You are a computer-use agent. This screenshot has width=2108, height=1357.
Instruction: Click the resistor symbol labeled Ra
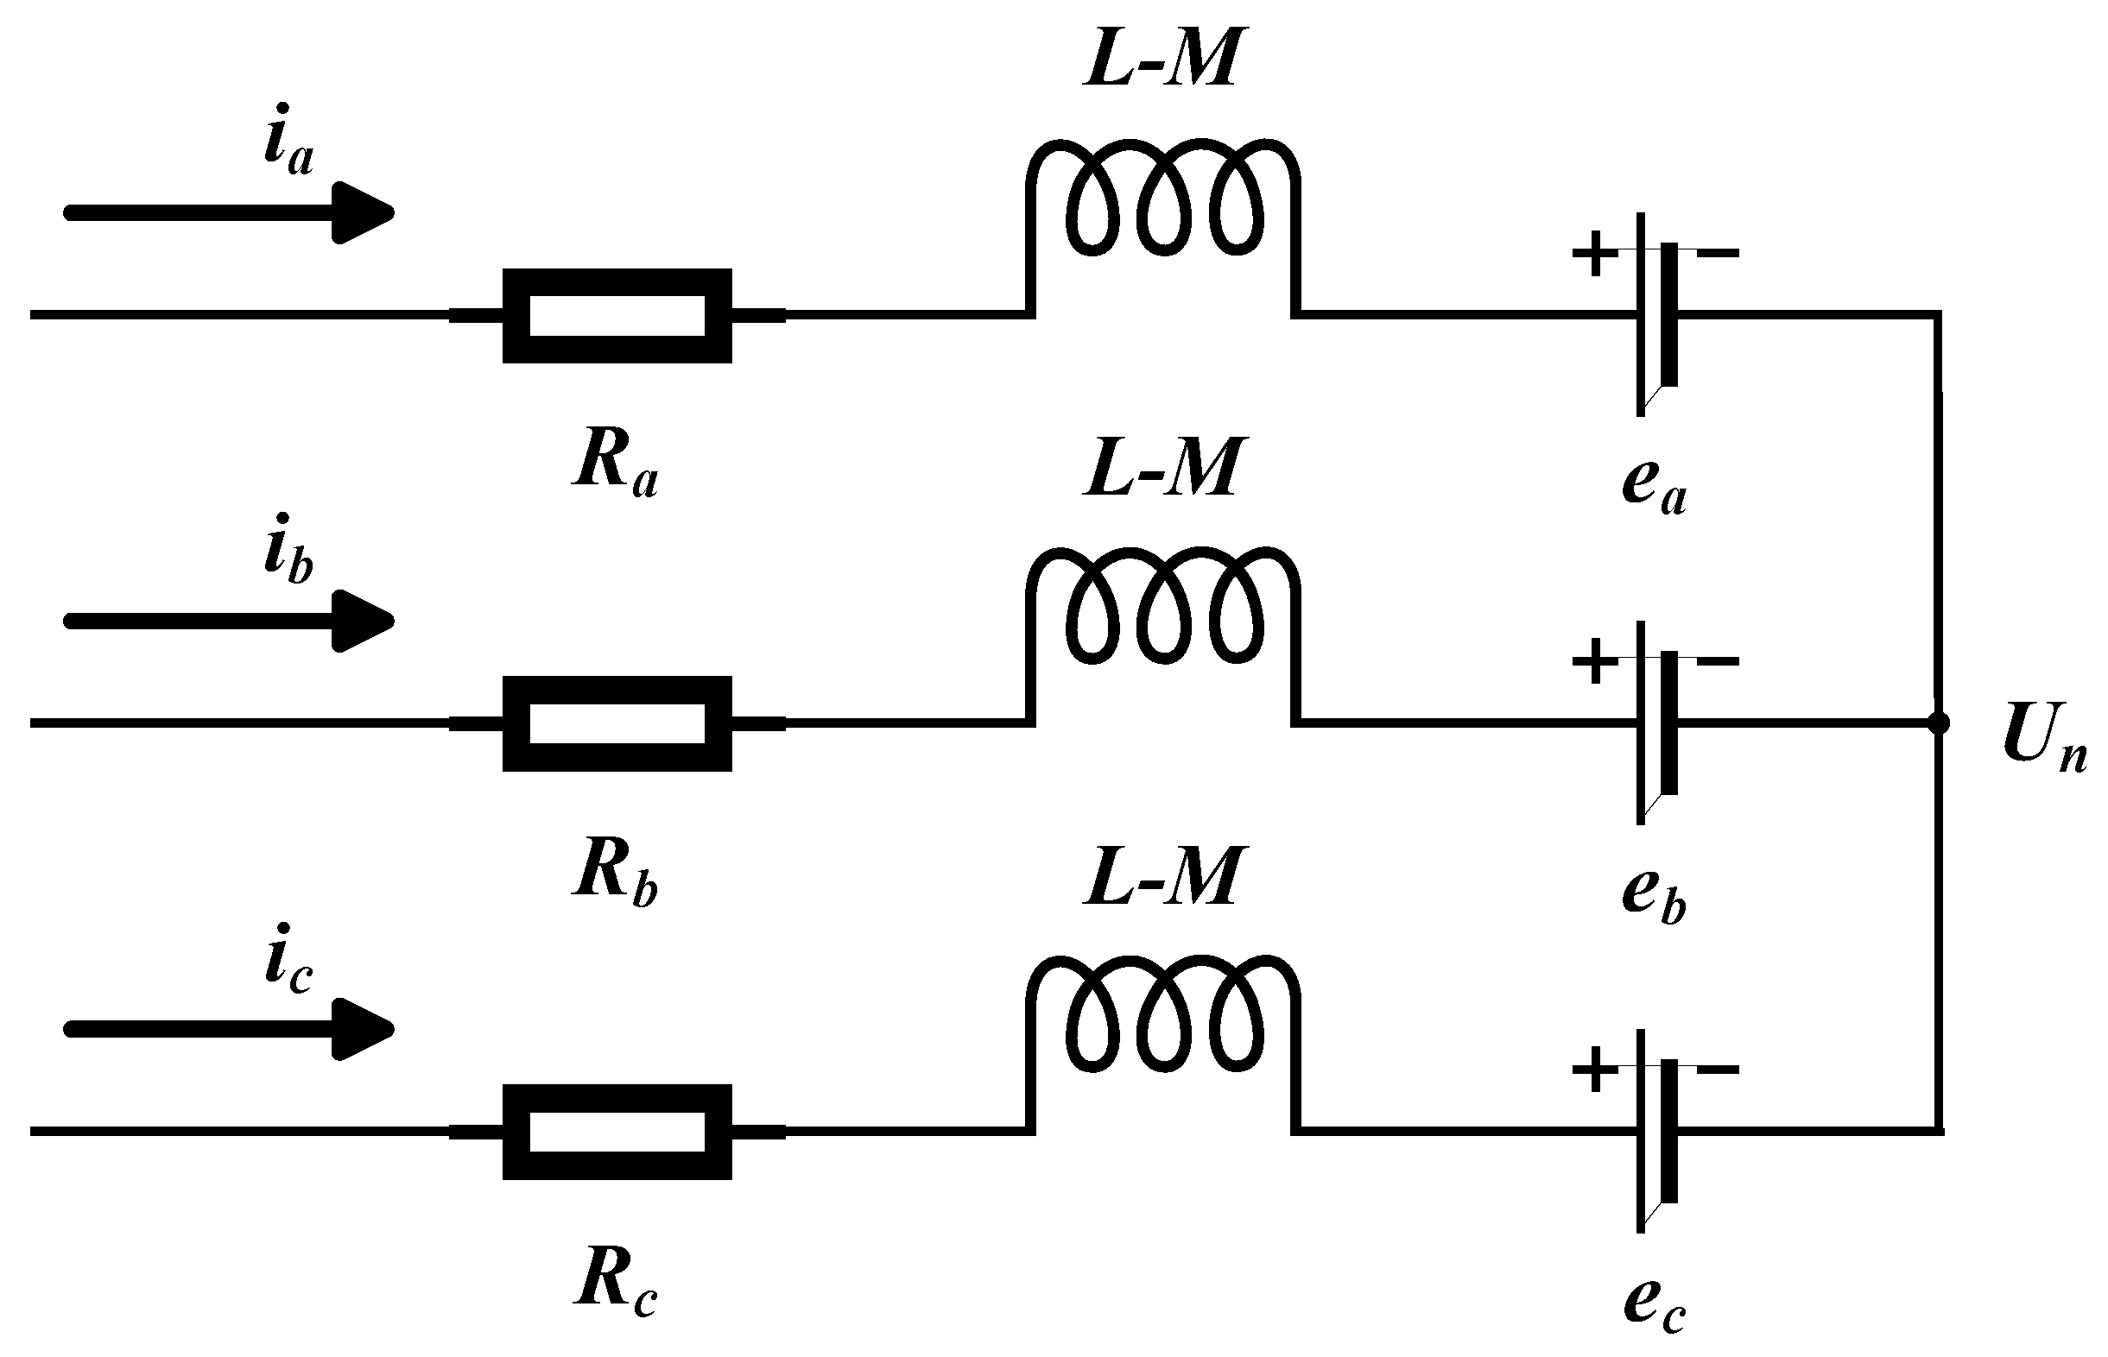(x=617, y=315)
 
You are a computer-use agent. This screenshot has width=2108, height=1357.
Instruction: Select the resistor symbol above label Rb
(x=617, y=723)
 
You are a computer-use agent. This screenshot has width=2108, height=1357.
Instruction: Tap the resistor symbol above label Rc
(x=617, y=1132)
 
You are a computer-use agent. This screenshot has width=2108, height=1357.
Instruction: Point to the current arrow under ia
(x=229, y=213)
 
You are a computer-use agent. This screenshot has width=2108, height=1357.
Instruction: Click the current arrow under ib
(x=229, y=622)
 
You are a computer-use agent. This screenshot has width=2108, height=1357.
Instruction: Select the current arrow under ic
(x=229, y=1029)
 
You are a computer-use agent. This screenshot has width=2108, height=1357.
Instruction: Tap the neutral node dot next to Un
(x=1938, y=723)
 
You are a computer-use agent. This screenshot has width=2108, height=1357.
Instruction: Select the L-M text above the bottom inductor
(x=1162, y=878)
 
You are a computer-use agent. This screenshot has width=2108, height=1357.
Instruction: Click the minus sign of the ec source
(x=1718, y=1070)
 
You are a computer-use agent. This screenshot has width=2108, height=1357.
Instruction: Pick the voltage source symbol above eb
(x=1657, y=723)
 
